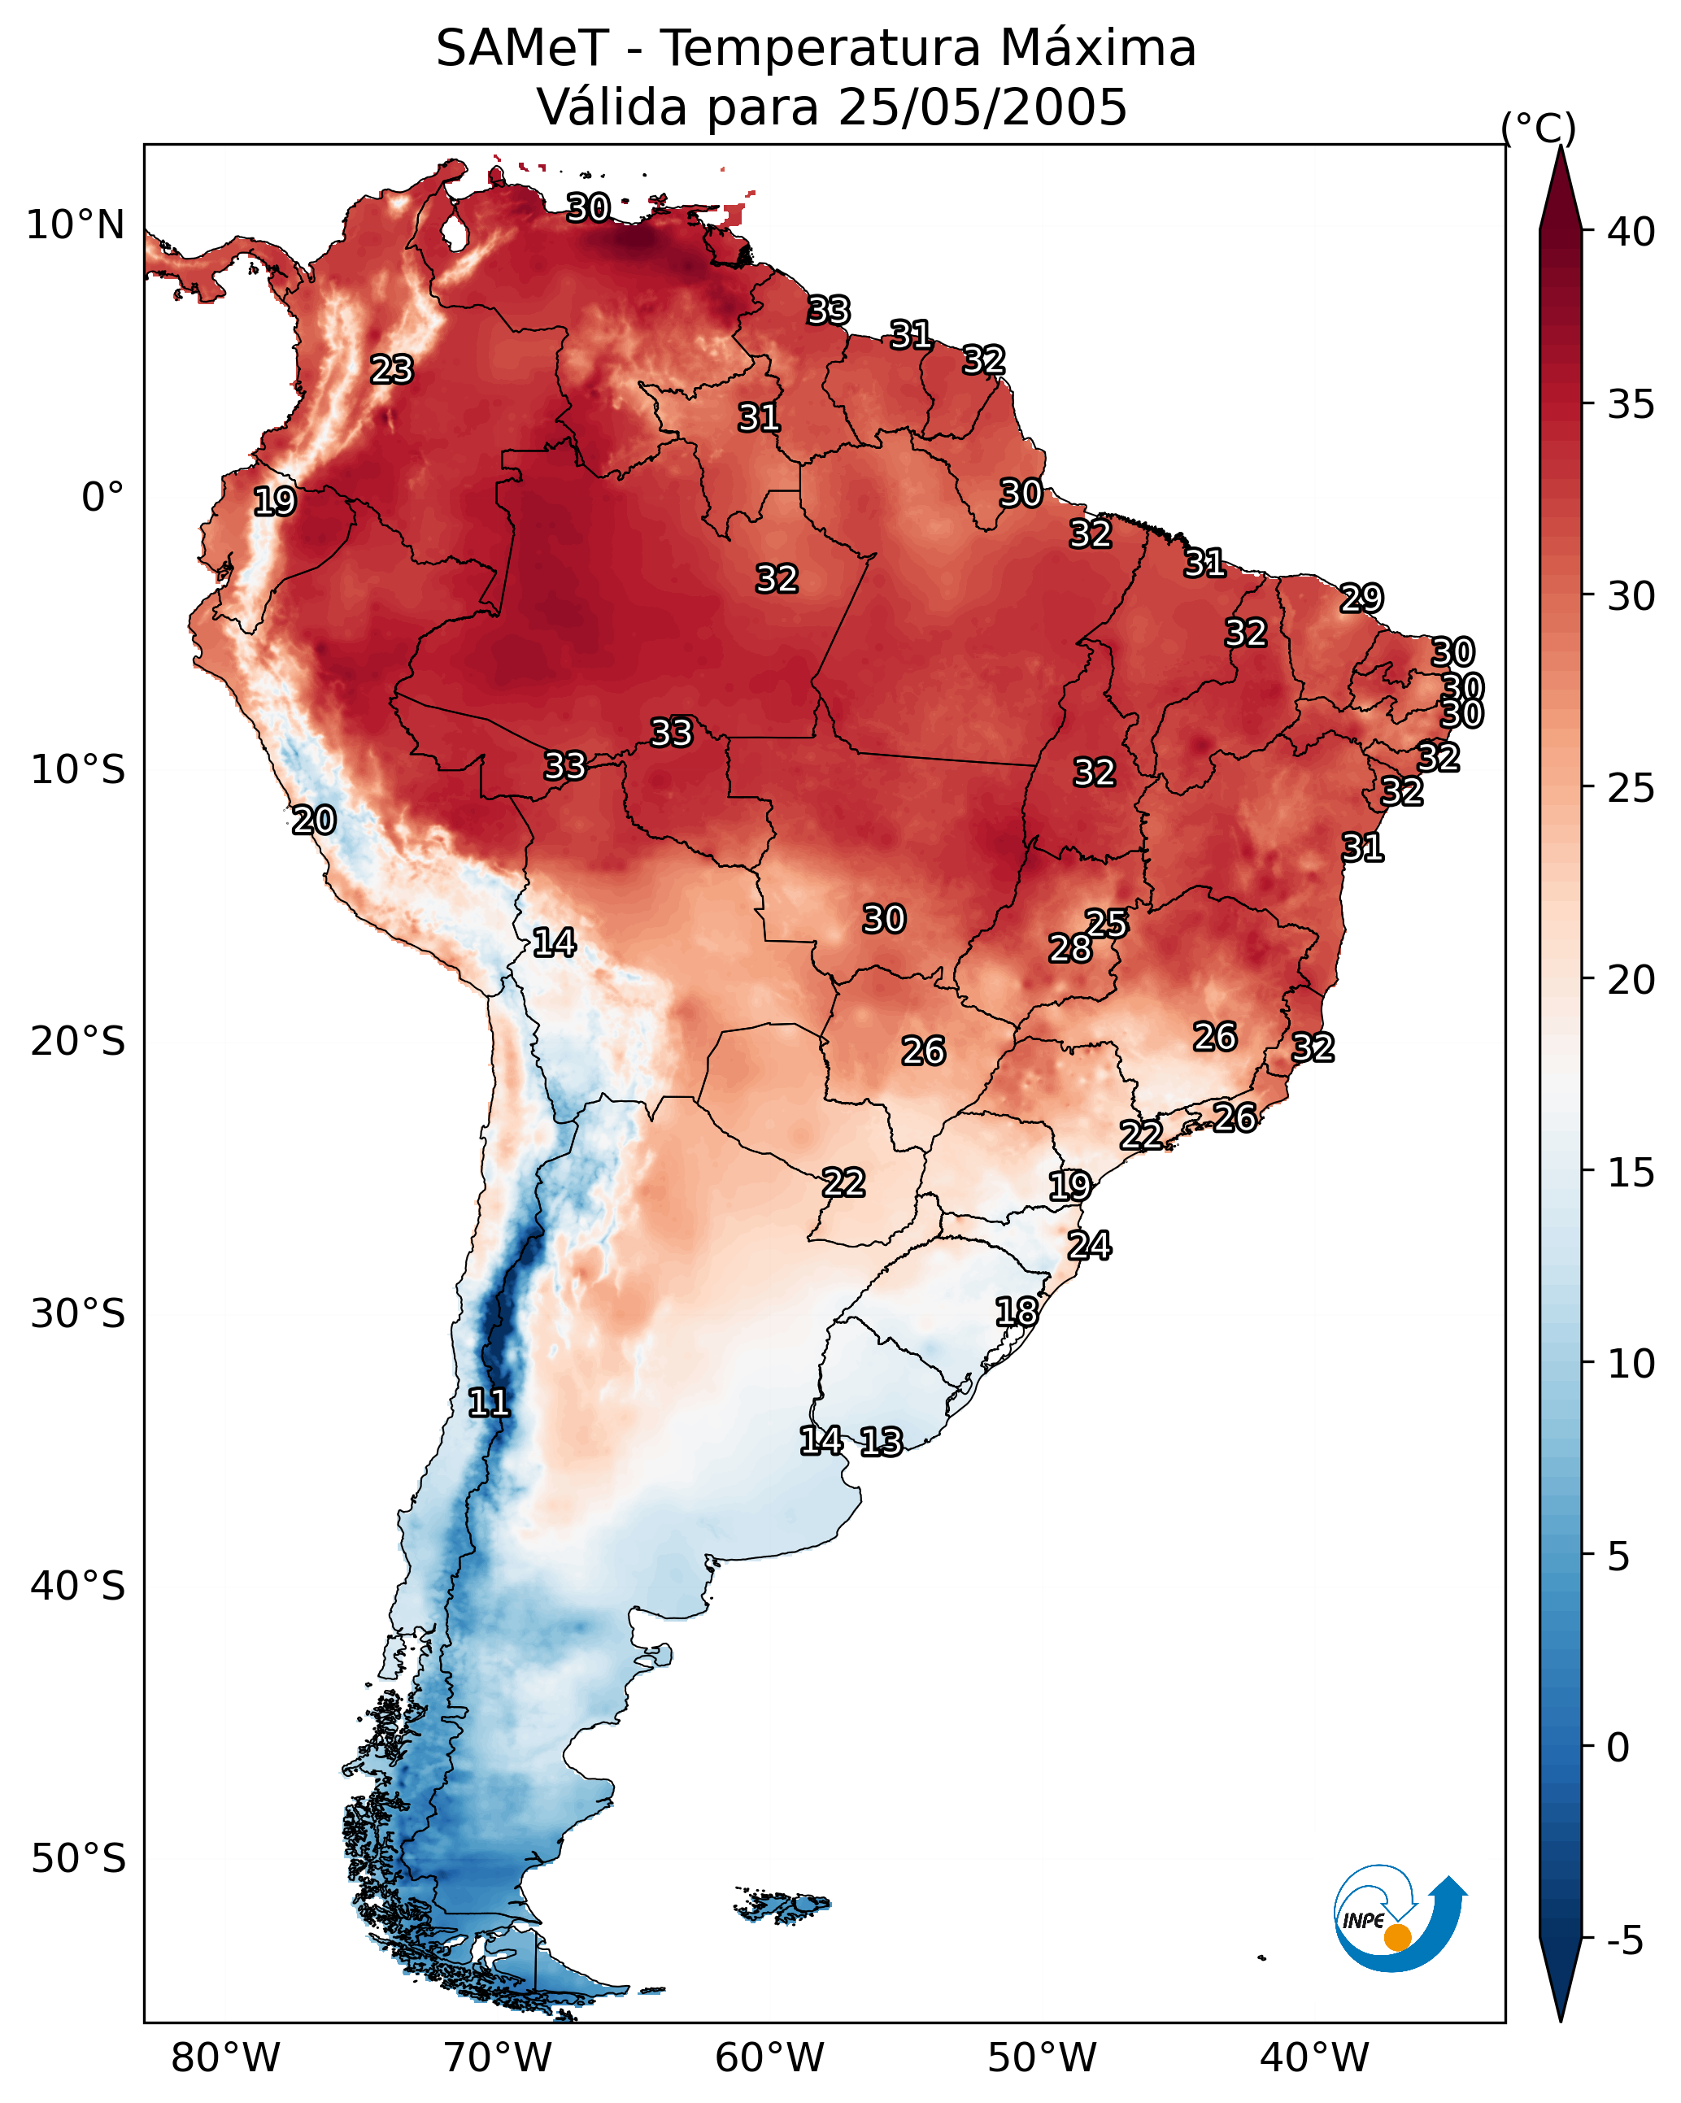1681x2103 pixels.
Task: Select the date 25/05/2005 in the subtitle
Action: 982,107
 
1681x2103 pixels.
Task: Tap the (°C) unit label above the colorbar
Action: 1538,128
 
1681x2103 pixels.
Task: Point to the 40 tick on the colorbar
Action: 1631,232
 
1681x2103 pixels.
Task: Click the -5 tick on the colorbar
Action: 1623,1941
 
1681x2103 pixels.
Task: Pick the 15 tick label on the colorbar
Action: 1631,1173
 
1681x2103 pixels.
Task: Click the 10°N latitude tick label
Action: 75,225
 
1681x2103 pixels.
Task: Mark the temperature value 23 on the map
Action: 392,370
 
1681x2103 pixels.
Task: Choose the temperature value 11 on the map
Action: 489,1403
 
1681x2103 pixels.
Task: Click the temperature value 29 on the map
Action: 1361,598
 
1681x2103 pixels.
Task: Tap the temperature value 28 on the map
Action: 1070,948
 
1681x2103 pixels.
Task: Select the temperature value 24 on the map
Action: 1089,1246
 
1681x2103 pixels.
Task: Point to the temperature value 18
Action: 1017,1312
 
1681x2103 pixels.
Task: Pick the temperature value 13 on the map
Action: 881,1442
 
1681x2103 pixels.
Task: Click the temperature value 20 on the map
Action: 314,821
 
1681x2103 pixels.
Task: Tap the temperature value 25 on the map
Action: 1106,923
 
